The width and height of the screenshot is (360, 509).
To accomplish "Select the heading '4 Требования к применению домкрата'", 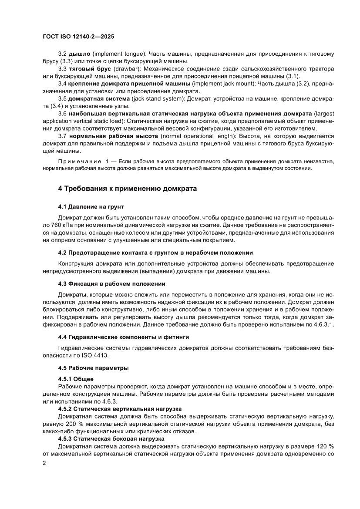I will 127,189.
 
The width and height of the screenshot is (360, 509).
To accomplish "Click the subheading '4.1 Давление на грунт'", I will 91,206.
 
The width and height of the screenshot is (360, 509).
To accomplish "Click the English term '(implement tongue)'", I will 118,54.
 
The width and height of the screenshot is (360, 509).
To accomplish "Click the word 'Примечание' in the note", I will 78,162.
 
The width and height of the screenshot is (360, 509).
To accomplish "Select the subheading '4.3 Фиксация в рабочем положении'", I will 111,283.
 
